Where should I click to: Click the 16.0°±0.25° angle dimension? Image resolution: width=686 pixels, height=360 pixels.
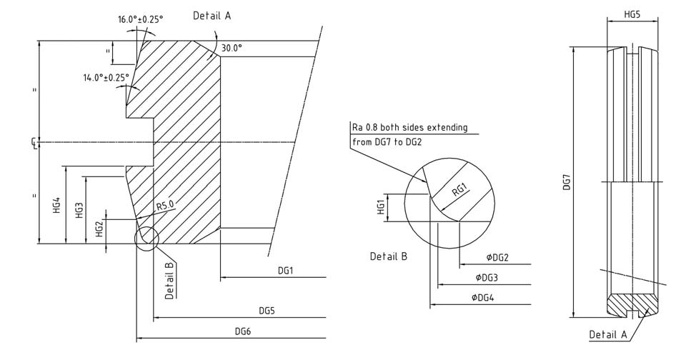pos(140,19)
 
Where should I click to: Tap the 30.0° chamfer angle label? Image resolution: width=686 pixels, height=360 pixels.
pos(232,48)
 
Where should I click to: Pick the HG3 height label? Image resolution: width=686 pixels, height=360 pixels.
pos(79,211)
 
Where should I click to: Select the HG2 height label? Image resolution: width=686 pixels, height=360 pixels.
pos(99,229)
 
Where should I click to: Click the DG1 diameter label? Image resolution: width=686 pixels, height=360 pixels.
pos(286,271)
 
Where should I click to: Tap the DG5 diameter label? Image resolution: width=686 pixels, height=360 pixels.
pos(268,311)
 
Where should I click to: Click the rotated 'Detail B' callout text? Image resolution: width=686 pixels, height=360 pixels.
pos(170,281)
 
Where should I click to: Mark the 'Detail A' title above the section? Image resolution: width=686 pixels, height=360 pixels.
pos(212,15)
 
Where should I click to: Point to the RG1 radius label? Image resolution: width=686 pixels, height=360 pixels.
pos(459,189)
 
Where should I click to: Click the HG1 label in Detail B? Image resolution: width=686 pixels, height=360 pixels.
pos(382,207)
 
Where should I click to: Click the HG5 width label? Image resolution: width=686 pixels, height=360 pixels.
pos(632,14)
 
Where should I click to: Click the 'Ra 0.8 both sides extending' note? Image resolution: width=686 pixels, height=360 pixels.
pos(409,127)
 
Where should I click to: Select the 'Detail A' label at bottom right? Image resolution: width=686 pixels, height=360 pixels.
pos(607,334)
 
